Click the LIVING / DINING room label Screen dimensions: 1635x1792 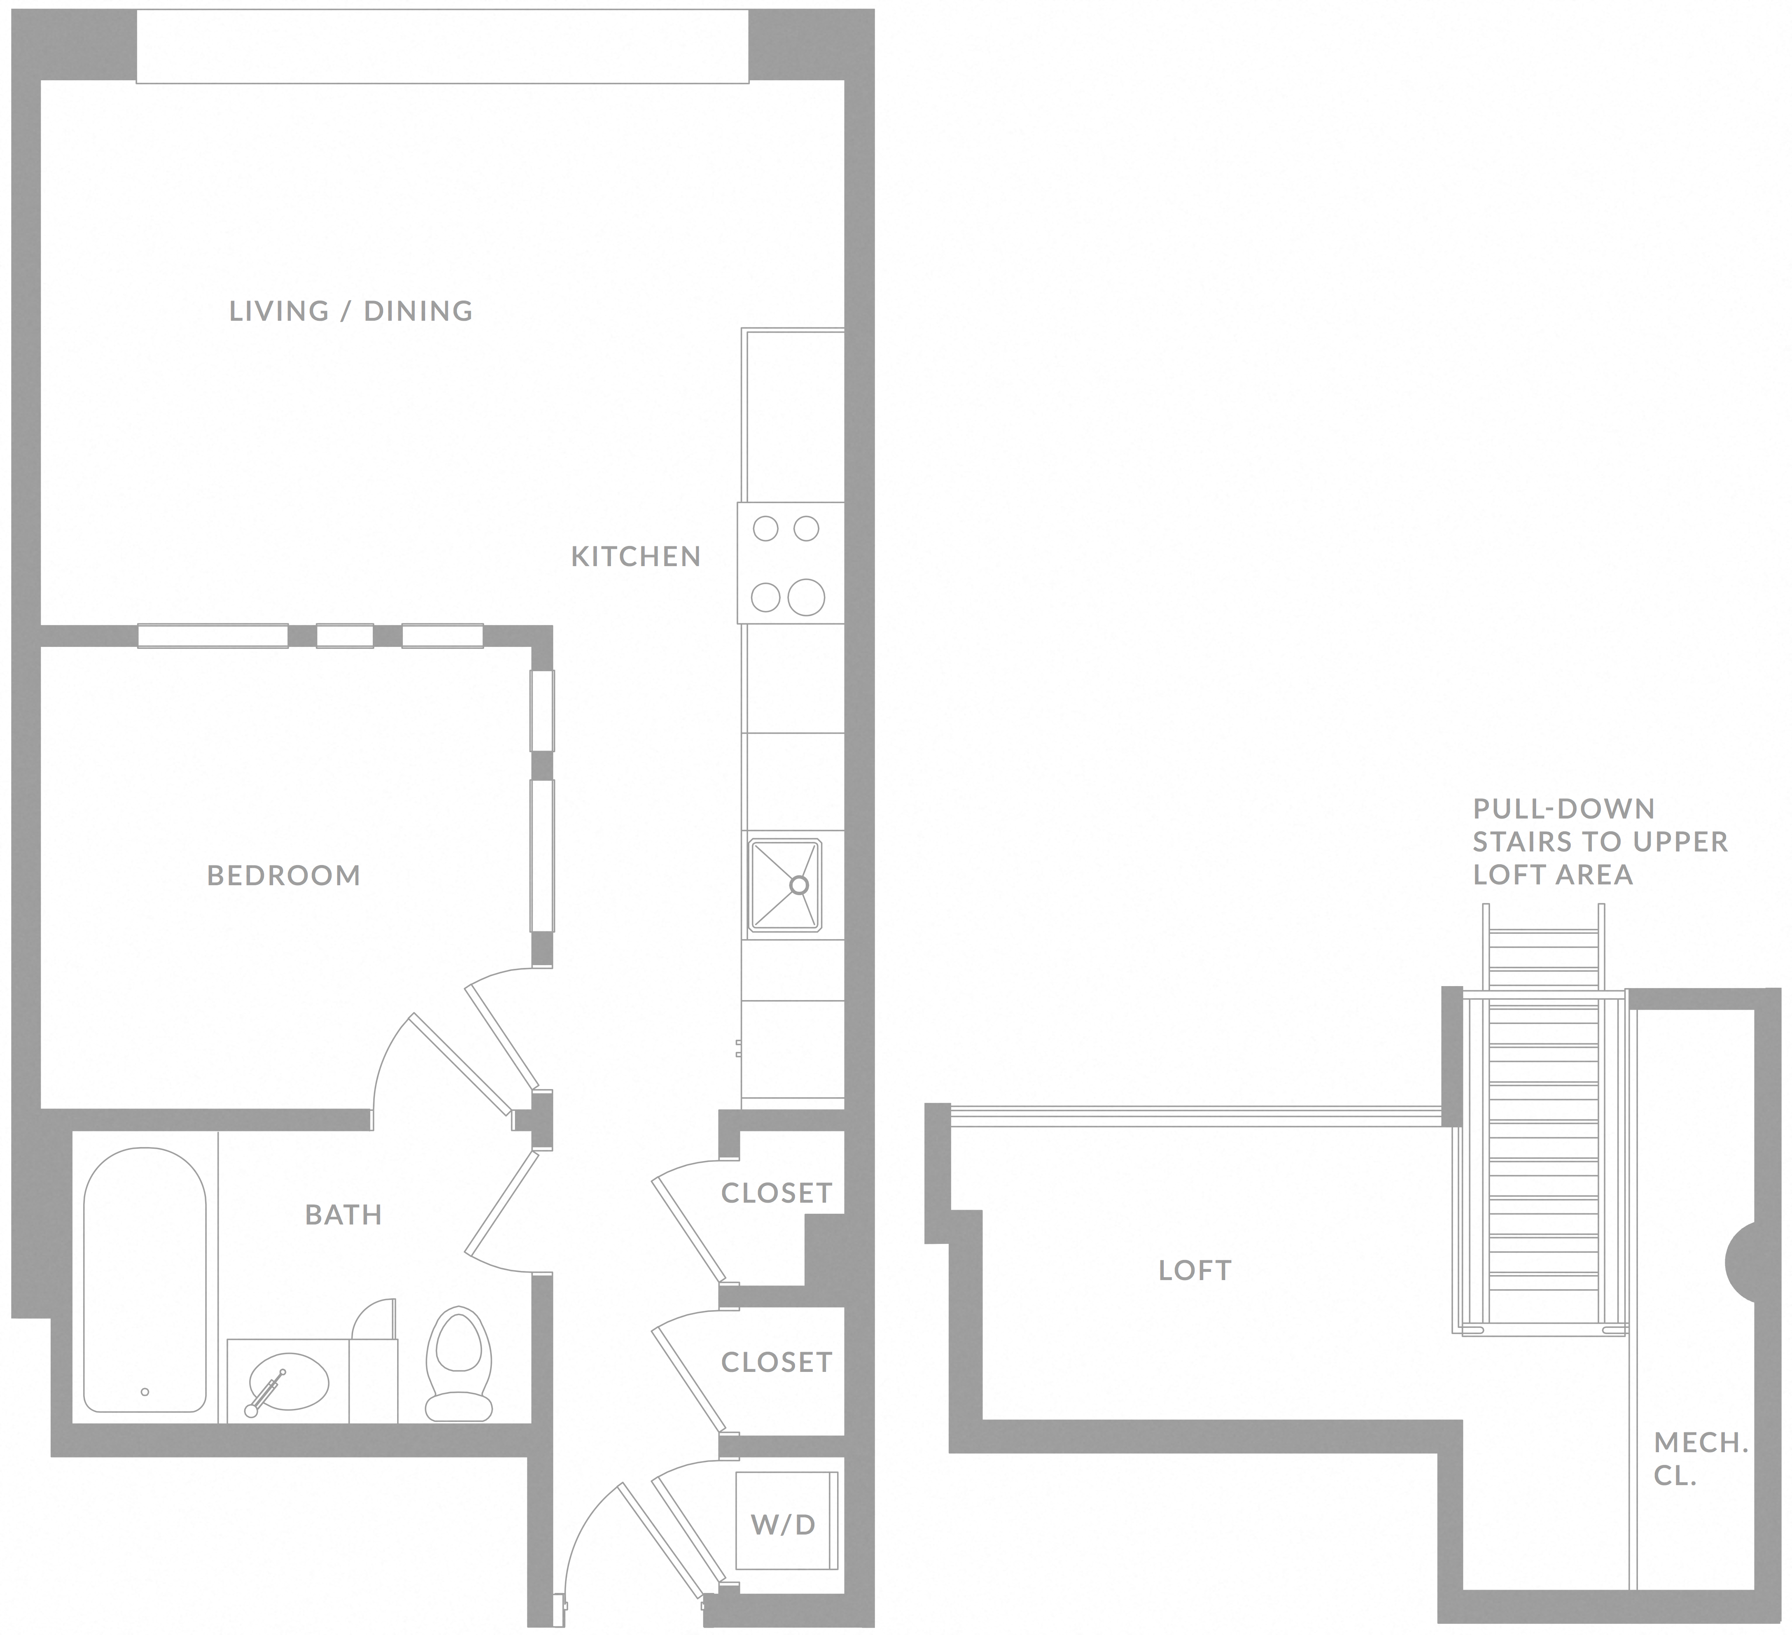351,311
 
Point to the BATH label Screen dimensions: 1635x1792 343,1215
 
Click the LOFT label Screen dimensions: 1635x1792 1195,1271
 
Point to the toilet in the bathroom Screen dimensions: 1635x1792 459,1364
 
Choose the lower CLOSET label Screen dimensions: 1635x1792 776,1362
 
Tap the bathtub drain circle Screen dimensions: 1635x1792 145,1392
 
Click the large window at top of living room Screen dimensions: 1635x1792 442,46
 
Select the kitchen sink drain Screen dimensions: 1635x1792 798,885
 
